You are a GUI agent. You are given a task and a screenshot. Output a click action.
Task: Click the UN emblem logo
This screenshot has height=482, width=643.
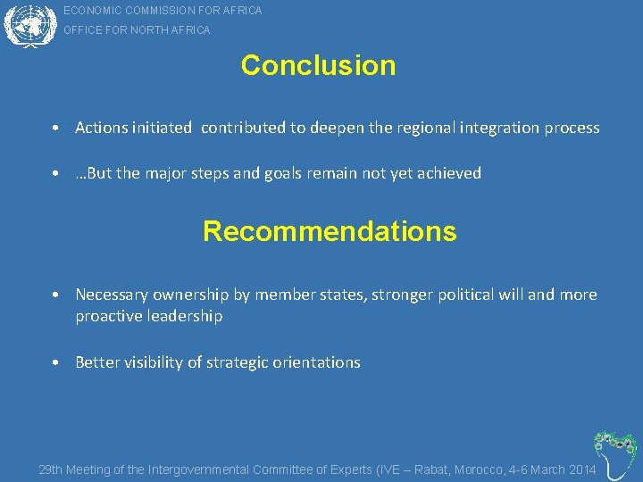(29, 24)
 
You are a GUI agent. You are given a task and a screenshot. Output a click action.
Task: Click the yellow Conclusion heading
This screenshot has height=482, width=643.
(318, 65)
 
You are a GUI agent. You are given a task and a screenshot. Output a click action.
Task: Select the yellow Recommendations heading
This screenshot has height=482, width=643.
(330, 231)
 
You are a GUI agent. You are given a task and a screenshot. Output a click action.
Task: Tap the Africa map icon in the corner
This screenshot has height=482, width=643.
(615, 453)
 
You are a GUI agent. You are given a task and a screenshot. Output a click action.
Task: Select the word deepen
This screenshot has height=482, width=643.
(338, 128)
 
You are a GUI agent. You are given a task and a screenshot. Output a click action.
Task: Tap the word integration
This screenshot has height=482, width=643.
(495, 128)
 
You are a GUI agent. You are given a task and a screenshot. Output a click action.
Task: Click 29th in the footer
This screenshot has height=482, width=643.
(51, 470)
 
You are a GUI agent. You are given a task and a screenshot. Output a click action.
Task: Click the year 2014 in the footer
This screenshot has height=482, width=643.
(581, 470)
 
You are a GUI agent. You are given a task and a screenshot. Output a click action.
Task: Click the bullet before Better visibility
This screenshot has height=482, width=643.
(55, 362)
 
